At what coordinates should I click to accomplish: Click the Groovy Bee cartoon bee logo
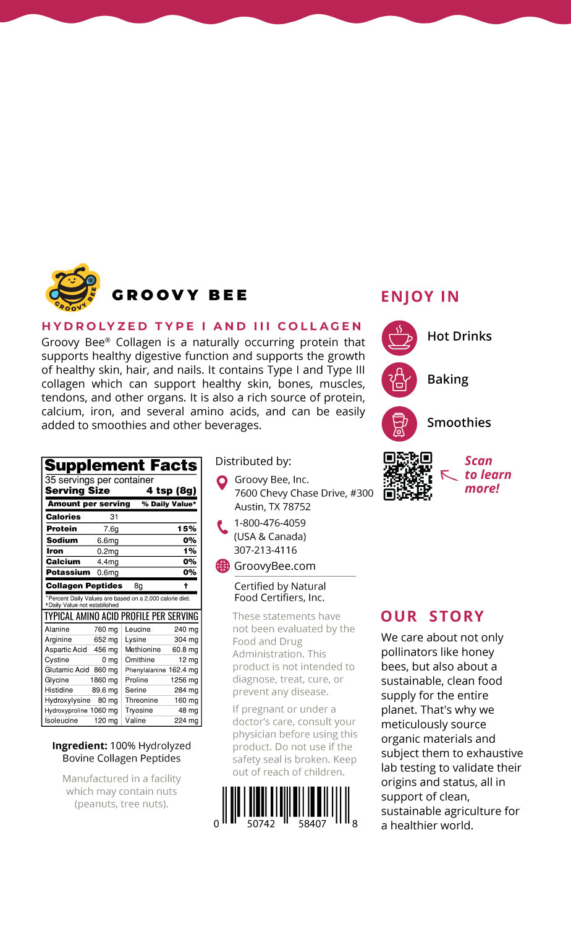(x=73, y=287)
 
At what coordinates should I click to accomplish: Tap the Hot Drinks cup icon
(x=399, y=337)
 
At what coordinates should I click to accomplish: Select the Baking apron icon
(x=399, y=380)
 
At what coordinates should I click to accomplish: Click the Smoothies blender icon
(x=399, y=423)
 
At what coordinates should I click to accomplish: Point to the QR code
(x=407, y=476)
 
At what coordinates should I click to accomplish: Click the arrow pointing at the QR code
(x=449, y=475)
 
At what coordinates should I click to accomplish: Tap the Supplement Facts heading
(x=121, y=465)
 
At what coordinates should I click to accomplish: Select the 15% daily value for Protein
(x=186, y=529)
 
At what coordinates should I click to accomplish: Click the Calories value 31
(x=114, y=517)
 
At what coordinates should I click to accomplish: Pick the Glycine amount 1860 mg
(x=104, y=680)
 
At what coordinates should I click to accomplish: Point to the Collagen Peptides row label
(x=84, y=586)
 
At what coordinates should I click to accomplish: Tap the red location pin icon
(x=222, y=483)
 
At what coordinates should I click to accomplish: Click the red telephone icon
(x=222, y=527)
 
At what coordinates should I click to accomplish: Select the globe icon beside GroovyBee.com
(x=222, y=566)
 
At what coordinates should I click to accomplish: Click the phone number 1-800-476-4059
(x=269, y=523)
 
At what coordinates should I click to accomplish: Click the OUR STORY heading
(x=433, y=617)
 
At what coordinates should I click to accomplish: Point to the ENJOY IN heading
(x=420, y=297)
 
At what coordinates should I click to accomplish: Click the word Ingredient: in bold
(x=80, y=746)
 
